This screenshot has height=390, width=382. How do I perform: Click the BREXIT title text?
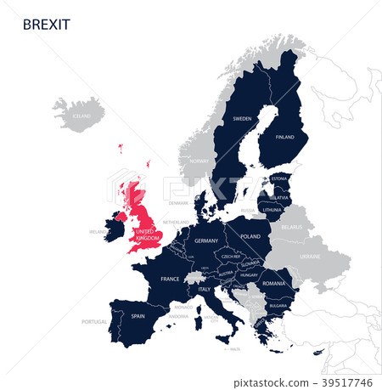(x=47, y=25)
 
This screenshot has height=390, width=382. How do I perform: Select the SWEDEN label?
(x=242, y=119)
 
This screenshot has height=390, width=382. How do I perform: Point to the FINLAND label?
(x=284, y=137)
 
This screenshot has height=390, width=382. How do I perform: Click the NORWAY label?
(x=199, y=161)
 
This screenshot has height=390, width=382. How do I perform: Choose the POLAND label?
(x=250, y=237)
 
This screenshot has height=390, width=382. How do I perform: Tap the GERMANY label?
(x=206, y=240)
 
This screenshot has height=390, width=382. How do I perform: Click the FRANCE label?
(x=170, y=279)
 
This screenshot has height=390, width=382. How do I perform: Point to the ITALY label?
(x=204, y=290)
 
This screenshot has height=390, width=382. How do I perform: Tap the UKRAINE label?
(x=311, y=255)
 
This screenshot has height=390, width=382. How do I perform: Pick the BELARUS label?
(x=292, y=228)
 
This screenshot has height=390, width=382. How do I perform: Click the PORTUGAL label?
(x=94, y=322)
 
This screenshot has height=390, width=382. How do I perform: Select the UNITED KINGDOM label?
(x=147, y=235)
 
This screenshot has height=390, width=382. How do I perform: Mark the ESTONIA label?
(x=278, y=178)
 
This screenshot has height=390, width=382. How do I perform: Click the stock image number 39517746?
(x=349, y=383)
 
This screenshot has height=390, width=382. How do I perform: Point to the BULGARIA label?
(x=278, y=305)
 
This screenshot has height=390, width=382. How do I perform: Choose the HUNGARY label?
(x=249, y=275)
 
